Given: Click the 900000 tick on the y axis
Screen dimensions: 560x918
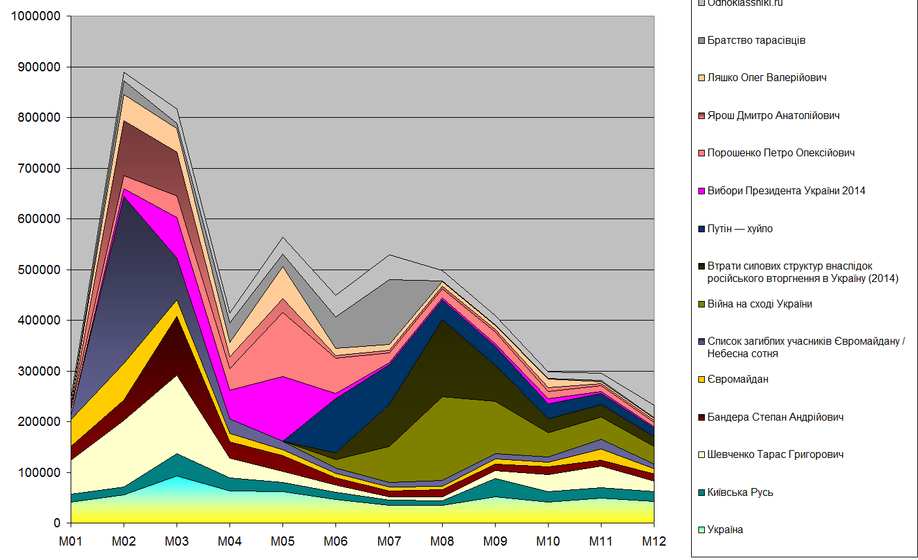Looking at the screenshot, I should pyautogui.click(x=37, y=67).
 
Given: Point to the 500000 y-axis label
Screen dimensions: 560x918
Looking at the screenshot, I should pyautogui.click(x=37, y=270).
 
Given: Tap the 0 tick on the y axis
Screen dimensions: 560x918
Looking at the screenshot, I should pyautogui.click(x=57, y=523).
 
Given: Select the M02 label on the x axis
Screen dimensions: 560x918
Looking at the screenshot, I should pyautogui.click(x=124, y=541).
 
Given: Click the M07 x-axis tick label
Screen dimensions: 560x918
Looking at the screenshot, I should pyautogui.click(x=389, y=541).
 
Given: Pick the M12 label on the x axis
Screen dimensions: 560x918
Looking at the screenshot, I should pyautogui.click(x=654, y=541).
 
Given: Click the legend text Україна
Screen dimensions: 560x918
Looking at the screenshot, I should pyautogui.click(x=725, y=530).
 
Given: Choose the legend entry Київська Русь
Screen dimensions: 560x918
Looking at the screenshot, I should pyautogui.click(x=740, y=493).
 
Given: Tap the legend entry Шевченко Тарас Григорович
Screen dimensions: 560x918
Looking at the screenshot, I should pyautogui.click(x=775, y=455).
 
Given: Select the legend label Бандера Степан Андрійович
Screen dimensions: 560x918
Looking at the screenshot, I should pyautogui.click(x=775, y=417).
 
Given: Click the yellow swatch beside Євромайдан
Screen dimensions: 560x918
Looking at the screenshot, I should pyautogui.click(x=702, y=379).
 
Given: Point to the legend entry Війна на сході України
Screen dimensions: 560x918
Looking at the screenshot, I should pyautogui.click(x=759, y=304).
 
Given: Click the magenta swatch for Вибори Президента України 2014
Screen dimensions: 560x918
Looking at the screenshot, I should pyautogui.click(x=702, y=191).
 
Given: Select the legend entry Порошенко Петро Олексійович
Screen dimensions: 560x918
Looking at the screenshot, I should pyautogui.click(x=781, y=153).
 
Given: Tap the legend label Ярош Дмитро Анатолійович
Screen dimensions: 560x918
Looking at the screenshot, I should pyautogui.click(x=773, y=116).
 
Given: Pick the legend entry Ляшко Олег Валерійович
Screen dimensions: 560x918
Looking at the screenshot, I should pyautogui.click(x=766, y=78).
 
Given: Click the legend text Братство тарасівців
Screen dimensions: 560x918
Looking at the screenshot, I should pyautogui.click(x=756, y=41).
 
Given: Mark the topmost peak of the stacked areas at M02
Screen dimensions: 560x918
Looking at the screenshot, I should pyautogui.click(x=124, y=72).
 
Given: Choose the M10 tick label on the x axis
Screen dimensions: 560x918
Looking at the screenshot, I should pyautogui.click(x=548, y=541).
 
